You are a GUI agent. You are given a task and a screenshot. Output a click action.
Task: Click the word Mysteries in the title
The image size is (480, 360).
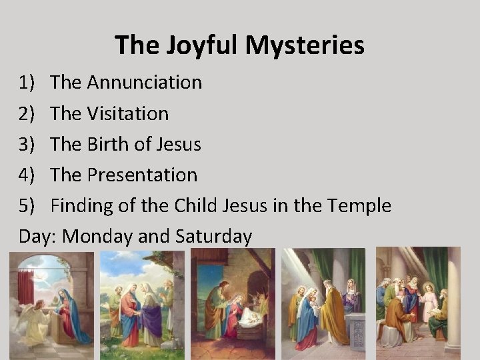[305, 45]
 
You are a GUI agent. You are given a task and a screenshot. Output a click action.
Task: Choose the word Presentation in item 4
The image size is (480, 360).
[142, 175]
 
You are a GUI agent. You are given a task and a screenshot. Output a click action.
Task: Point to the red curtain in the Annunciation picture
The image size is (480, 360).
[25, 287]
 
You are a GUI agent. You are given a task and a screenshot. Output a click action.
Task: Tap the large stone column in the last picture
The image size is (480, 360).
[453, 300]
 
